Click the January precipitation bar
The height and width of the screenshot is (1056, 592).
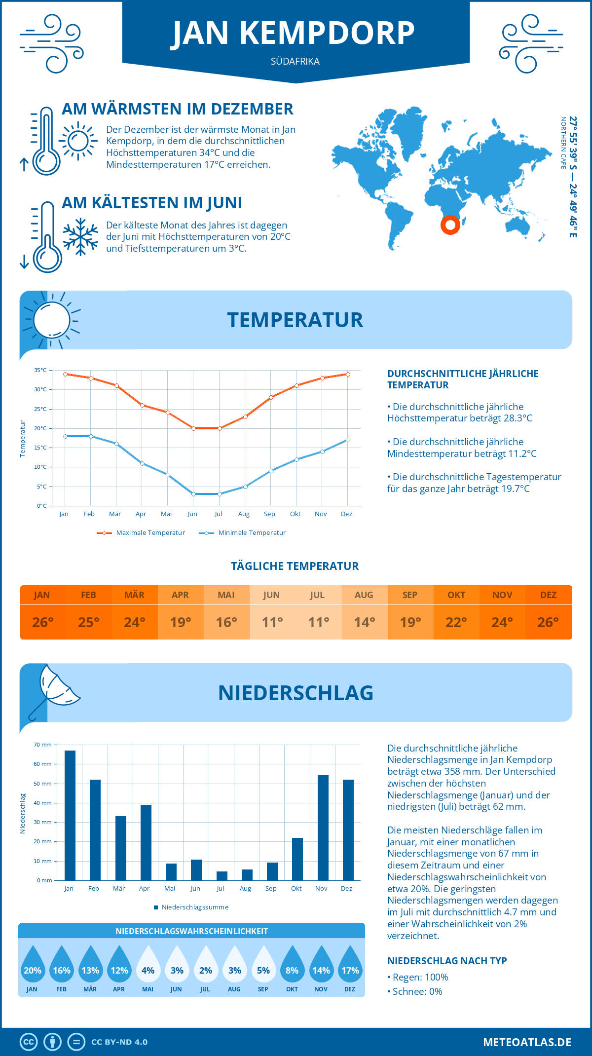click(70, 815)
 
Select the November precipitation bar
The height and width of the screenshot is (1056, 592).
click(323, 828)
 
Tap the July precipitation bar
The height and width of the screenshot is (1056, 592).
click(222, 875)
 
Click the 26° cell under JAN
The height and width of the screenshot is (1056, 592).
click(43, 622)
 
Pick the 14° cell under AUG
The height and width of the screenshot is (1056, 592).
click(364, 622)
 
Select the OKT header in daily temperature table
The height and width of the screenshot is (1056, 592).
click(456, 595)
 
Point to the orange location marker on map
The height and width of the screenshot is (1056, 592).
click(450, 225)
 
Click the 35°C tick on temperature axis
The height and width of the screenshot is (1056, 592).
click(40, 370)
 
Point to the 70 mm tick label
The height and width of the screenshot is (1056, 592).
click(43, 745)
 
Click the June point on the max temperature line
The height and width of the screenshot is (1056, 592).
click(193, 428)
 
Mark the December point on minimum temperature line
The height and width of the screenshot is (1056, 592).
click(348, 440)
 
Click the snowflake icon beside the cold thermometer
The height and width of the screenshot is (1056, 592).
click(80, 237)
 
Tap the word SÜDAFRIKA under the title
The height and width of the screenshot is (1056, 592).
click(295, 61)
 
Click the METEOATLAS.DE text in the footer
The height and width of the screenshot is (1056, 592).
click(527, 1042)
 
